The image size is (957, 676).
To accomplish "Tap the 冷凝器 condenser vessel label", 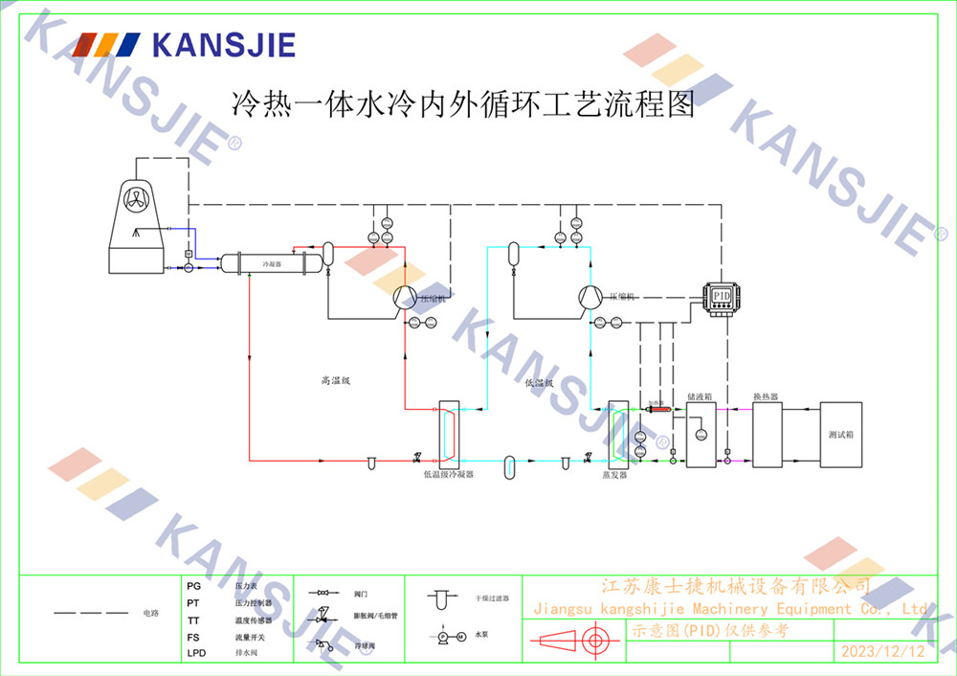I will [272, 262].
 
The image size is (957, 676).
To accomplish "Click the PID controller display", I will [723, 297].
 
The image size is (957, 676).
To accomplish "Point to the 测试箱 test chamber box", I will [840, 434].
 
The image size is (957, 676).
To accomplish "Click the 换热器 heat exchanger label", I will [765, 395].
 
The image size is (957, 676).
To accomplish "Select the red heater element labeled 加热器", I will [657, 410].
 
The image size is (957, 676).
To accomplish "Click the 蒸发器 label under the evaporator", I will [613, 474].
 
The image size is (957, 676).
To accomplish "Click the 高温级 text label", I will [336, 381].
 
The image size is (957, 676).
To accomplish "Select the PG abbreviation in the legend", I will [193, 585].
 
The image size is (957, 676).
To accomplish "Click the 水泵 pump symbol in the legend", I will [450, 637].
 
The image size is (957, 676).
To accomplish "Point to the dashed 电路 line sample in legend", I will [91, 612].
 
